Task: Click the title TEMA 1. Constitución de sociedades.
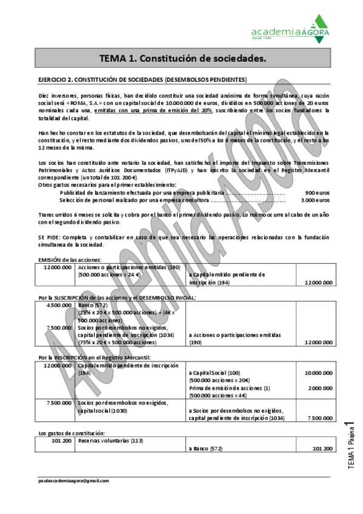point(182,59)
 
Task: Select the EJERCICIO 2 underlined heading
point(142,79)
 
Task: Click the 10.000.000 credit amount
point(318,373)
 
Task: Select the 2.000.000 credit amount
point(319,388)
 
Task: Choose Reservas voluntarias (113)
point(111,441)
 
